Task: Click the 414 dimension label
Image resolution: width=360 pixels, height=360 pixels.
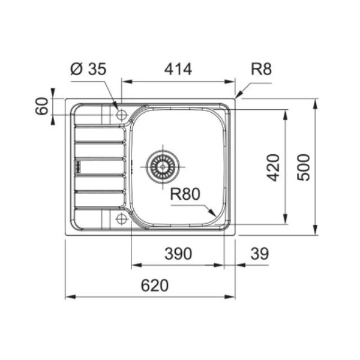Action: coord(178,69)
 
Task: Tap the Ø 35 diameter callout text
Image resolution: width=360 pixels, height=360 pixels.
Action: coord(88,69)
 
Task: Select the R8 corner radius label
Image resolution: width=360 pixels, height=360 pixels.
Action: coord(261,69)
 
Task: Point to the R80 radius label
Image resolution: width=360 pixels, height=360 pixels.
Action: coord(185,194)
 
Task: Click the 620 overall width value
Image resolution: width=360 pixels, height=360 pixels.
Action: coord(155,286)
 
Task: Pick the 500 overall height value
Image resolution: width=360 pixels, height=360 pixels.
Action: coord(304,167)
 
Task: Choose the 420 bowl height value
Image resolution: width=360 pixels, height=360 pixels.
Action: coord(273,167)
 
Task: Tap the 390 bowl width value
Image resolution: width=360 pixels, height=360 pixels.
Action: coord(178,254)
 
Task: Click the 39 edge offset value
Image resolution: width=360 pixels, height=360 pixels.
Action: coord(259,254)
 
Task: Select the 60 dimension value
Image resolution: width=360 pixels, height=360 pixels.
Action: coord(42,106)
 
